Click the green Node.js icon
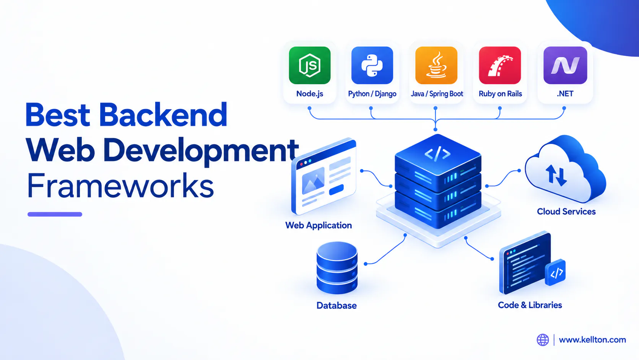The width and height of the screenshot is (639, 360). (x=309, y=65)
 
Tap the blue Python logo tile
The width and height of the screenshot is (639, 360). (x=372, y=65)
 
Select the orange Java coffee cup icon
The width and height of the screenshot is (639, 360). (x=436, y=65)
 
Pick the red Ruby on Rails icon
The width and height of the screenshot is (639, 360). (x=500, y=65)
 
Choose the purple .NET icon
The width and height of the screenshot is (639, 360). (x=565, y=65)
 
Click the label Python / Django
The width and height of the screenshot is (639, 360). (x=372, y=94)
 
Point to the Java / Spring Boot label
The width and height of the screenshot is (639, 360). (x=437, y=94)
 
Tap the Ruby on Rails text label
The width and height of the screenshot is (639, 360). (x=500, y=94)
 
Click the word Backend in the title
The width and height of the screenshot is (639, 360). (x=163, y=115)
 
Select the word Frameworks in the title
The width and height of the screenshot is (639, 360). (x=120, y=186)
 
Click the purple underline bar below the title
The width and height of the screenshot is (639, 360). (x=55, y=214)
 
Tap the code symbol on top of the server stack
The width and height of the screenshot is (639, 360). (x=437, y=154)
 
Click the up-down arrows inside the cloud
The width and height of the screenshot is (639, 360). (x=556, y=175)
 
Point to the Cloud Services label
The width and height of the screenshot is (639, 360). (x=566, y=212)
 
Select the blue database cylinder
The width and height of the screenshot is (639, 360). (x=337, y=268)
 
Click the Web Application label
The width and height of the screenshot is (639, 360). (x=319, y=225)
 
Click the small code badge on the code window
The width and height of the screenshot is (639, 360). (x=555, y=272)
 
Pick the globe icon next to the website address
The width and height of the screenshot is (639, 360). (x=543, y=340)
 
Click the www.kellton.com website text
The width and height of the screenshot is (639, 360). (x=592, y=340)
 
